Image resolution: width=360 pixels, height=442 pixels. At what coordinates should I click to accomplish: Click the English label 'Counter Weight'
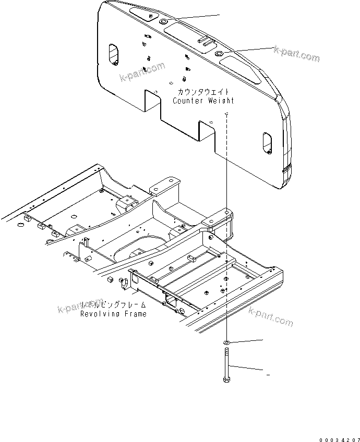(x=203, y=100)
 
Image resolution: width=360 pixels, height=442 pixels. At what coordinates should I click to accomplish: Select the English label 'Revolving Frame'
(x=113, y=314)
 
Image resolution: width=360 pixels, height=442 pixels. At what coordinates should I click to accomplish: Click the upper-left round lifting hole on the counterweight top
(x=163, y=22)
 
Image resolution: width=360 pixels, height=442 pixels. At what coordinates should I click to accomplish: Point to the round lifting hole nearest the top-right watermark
(x=219, y=54)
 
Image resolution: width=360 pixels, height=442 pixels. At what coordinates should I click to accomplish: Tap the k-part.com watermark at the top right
(x=296, y=53)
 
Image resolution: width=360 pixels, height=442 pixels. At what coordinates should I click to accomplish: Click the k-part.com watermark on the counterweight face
(x=141, y=72)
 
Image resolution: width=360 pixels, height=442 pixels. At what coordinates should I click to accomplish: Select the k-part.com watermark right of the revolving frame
(x=271, y=316)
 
